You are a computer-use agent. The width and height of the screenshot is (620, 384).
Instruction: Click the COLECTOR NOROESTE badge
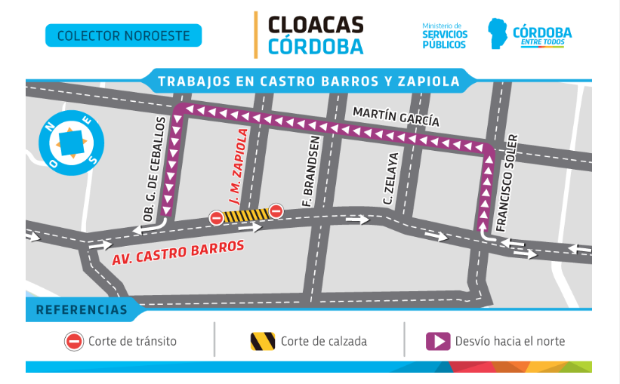click(123, 35)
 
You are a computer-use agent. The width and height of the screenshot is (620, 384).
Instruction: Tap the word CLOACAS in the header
click(316, 25)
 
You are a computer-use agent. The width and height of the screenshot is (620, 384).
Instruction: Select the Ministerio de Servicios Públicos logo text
click(444, 35)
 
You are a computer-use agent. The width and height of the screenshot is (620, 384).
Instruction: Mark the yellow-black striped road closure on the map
click(245, 216)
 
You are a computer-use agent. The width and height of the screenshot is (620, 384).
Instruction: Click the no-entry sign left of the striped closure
click(216, 218)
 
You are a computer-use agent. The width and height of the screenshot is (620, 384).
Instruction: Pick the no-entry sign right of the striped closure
click(276, 211)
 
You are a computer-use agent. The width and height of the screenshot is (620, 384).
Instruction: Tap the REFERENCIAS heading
click(82, 309)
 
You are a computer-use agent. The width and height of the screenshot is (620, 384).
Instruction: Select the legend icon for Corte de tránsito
click(73, 341)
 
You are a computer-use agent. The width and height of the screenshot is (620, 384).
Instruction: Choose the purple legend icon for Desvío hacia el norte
click(438, 341)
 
